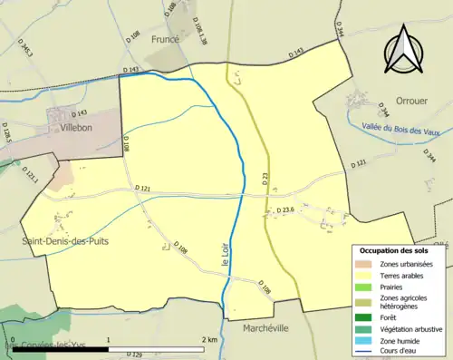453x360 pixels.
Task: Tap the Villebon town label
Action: coord(78,129)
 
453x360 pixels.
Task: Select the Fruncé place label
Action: coord(167,40)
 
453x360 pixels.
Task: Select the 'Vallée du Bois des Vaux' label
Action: coord(400,131)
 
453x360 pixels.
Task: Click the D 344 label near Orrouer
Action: coord(381,112)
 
